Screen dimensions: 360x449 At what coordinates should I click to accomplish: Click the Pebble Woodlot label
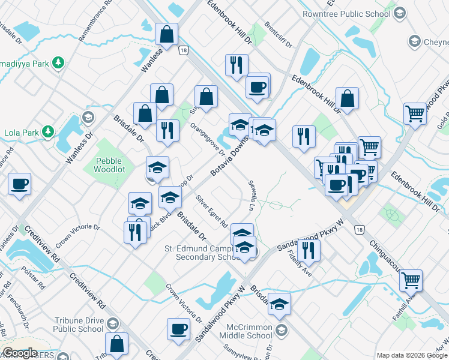pyautogui.click(x=108, y=165)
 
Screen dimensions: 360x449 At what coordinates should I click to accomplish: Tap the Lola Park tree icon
pyautogui.click(x=47, y=132)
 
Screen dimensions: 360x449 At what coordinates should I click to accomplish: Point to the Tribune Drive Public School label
pyautogui.click(x=79, y=325)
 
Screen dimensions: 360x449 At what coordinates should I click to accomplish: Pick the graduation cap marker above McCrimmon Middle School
pyautogui.click(x=279, y=304)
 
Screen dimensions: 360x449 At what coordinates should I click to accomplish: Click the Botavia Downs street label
pyautogui.click(x=230, y=155)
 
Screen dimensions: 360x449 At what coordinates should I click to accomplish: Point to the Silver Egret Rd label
pyautogui.click(x=211, y=211)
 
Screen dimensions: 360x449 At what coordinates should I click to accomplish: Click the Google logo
pyautogui.click(x=20, y=353)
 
